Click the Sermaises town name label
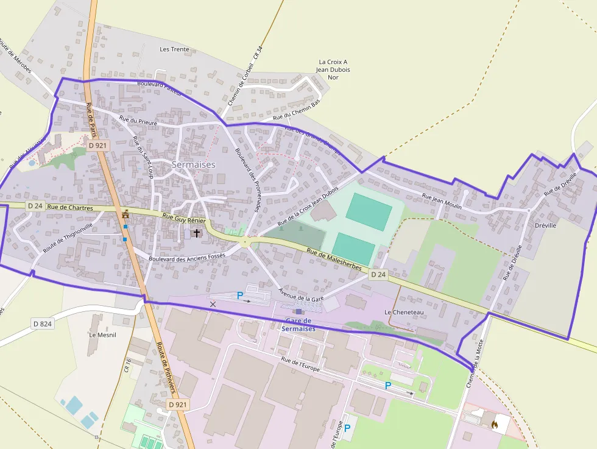(194, 164)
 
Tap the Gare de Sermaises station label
(298, 325)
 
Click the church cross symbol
(196, 233)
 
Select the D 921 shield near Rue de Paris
(97, 145)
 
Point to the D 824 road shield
(43, 323)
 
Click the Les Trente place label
(174, 49)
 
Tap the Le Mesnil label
(102, 334)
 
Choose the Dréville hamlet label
(545, 225)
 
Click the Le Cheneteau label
(404, 312)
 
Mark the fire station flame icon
(494, 423)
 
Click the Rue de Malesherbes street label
(334, 260)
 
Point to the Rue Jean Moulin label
(442, 200)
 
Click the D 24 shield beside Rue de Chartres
(34, 206)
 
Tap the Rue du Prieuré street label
(138, 121)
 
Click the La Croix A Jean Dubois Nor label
(333, 69)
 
